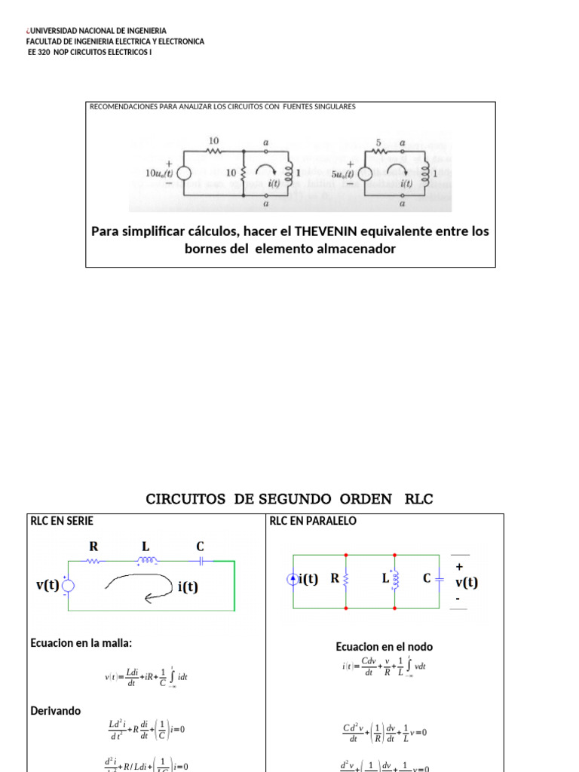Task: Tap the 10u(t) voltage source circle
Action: point(184,173)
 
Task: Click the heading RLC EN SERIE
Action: point(61,521)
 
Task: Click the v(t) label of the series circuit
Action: point(47,584)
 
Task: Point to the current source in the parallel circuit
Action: point(293,579)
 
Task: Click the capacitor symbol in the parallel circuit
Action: point(440,579)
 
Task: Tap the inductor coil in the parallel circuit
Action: point(396,579)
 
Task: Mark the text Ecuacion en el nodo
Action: point(384,647)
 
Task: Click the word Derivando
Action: point(55,711)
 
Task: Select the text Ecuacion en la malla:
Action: point(81,643)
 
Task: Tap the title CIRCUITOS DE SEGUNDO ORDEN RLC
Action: point(289,499)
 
